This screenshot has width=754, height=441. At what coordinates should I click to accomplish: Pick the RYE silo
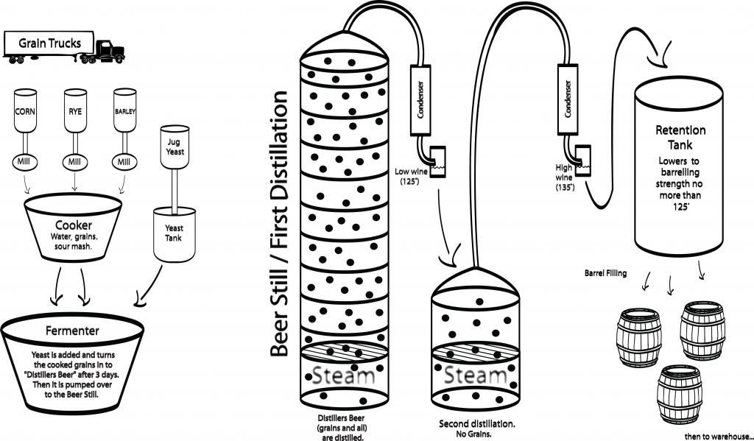pos(76,111)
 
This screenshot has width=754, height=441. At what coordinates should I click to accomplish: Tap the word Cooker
pos(72,224)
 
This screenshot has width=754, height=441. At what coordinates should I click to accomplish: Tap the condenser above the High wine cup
pos(567,99)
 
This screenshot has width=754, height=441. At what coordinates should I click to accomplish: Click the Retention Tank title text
pos(680,138)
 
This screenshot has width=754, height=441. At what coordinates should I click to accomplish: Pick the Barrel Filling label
pos(606,273)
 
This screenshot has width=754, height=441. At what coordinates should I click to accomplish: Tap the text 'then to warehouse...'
pos(714,434)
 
